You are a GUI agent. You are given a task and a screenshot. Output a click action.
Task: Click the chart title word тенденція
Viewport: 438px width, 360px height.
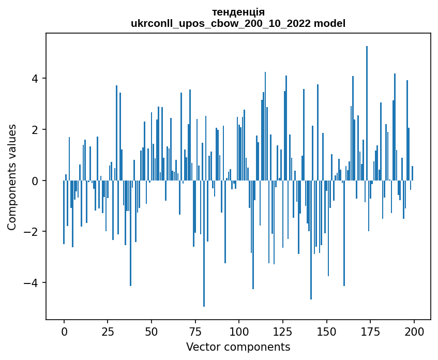(x=238, y=12)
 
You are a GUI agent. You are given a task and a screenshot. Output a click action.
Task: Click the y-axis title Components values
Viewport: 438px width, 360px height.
(x=12, y=177)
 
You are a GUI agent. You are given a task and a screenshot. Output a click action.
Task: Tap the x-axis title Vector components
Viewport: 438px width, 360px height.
(x=238, y=347)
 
